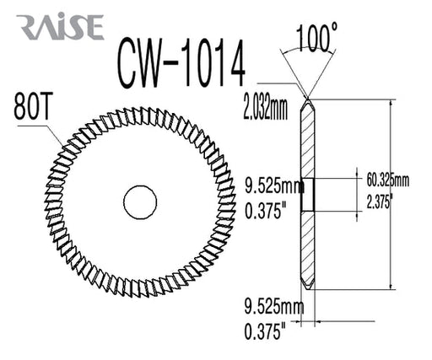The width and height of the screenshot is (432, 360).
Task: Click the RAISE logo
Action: (x=60, y=27)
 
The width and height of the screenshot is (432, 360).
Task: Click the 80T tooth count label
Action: (x=31, y=106)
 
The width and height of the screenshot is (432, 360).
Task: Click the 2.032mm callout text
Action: (x=265, y=108)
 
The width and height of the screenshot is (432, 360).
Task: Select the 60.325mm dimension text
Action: (x=387, y=180)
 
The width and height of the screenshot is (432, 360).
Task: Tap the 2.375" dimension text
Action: (x=380, y=201)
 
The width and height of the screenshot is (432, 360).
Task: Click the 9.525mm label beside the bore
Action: (x=274, y=185)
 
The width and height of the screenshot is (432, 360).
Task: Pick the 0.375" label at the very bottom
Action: (x=265, y=331)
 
